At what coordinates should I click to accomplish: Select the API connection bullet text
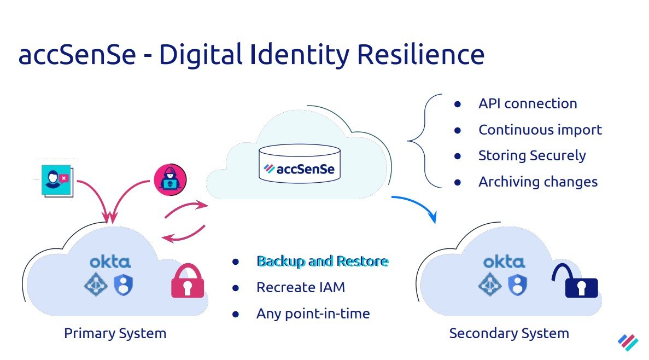(x=528, y=103)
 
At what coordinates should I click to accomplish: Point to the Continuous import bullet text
(x=540, y=130)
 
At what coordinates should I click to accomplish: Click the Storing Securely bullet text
(x=531, y=155)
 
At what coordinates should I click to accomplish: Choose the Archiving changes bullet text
(x=537, y=182)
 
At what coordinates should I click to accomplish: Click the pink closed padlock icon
(x=188, y=282)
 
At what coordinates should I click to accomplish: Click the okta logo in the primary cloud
(x=110, y=262)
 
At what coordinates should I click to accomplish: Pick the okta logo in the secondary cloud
(x=504, y=262)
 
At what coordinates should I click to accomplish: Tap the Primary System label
(x=115, y=333)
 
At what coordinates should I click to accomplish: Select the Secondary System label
(x=508, y=333)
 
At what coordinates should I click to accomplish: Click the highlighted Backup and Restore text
(x=322, y=261)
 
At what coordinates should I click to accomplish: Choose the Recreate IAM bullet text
(x=300, y=287)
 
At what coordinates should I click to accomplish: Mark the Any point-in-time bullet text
(x=313, y=313)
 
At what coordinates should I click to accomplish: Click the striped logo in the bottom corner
(x=628, y=342)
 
